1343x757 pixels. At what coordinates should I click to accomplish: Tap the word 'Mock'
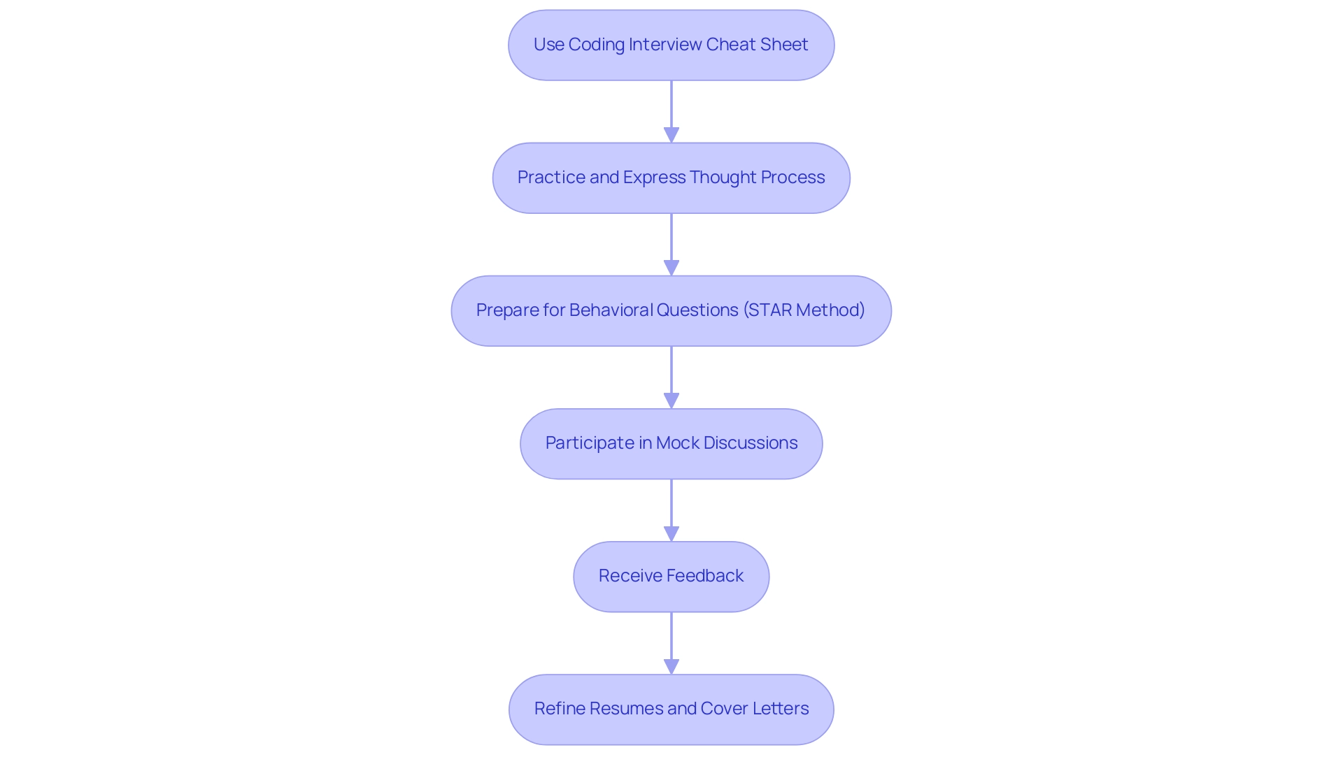(678, 442)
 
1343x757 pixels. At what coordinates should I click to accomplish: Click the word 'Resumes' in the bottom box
(619, 708)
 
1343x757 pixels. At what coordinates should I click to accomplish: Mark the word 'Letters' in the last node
(781, 708)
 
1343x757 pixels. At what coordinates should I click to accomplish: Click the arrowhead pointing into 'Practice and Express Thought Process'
(671, 135)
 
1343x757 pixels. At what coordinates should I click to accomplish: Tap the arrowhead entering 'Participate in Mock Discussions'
(671, 401)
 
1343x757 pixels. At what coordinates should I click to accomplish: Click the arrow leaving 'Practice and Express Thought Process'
(671, 238)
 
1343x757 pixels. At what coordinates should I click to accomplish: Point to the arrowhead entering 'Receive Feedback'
(671, 533)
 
